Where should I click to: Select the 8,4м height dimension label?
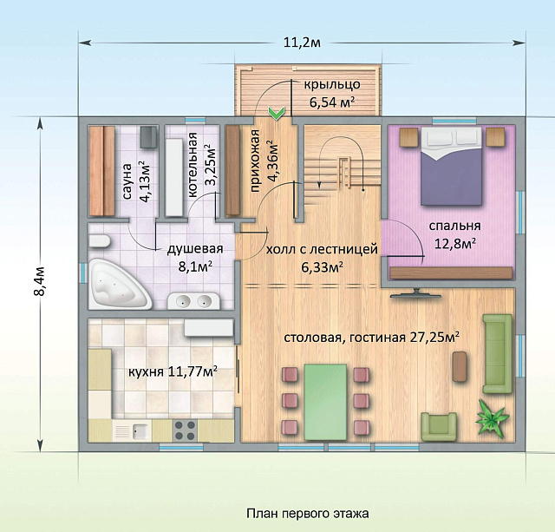point(39,283)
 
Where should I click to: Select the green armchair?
point(439,426)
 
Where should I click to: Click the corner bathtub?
point(117,285)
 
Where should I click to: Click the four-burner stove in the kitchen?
point(185,429)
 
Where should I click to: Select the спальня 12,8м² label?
point(454,234)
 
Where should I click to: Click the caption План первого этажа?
point(307,514)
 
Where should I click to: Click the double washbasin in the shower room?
point(193,301)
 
